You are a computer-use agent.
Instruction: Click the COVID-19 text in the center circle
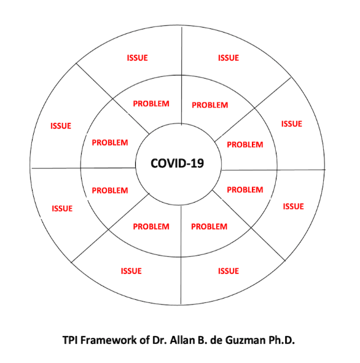tap(178, 163)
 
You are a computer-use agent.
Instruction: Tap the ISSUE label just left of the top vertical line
tap(137, 58)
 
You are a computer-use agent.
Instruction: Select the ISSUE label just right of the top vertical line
tap(228, 58)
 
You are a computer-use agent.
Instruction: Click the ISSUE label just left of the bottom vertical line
tap(131, 271)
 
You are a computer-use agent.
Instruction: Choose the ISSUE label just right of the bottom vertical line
tap(228, 271)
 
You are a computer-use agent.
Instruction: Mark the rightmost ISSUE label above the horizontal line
tap(292, 124)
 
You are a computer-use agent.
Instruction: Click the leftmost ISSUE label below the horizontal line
tap(62, 209)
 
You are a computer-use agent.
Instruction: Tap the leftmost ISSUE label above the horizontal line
tap(61, 126)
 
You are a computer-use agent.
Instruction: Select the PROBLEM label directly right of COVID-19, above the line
tap(245, 145)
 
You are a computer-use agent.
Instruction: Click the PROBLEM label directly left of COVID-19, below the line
tap(110, 190)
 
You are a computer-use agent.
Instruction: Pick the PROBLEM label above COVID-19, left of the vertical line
tap(151, 104)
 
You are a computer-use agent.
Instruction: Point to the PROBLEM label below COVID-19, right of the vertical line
tap(209, 227)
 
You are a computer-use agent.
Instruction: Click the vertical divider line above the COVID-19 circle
tap(182, 74)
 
